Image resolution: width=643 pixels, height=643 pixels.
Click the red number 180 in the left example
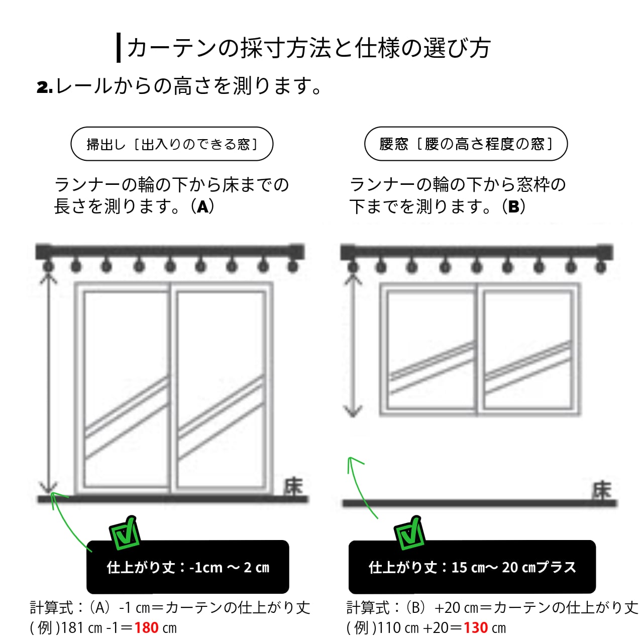[x=146, y=628]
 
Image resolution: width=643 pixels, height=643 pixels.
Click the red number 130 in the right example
[x=475, y=628]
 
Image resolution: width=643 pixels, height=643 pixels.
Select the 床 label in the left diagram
[x=294, y=486]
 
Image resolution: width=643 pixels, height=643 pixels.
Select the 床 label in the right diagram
[x=601, y=491]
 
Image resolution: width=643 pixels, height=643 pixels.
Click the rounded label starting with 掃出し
[x=172, y=144]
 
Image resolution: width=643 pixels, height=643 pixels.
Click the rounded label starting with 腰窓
[x=466, y=144]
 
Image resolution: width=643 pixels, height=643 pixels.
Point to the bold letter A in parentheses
[x=202, y=206]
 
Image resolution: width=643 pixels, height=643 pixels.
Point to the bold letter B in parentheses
[x=513, y=206]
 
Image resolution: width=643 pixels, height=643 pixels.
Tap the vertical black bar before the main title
[x=119, y=48]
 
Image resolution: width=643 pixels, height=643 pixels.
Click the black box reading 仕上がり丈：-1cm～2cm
[x=188, y=567]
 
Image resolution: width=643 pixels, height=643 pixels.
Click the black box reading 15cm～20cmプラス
[x=472, y=567]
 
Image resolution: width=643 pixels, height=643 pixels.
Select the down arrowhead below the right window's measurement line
[x=353, y=411]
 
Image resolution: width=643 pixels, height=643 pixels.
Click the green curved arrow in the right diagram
[x=360, y=485]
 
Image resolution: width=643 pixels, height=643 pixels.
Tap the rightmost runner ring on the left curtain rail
[x=293, y=266]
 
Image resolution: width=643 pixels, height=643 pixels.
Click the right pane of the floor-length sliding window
[x=221, y=389]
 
